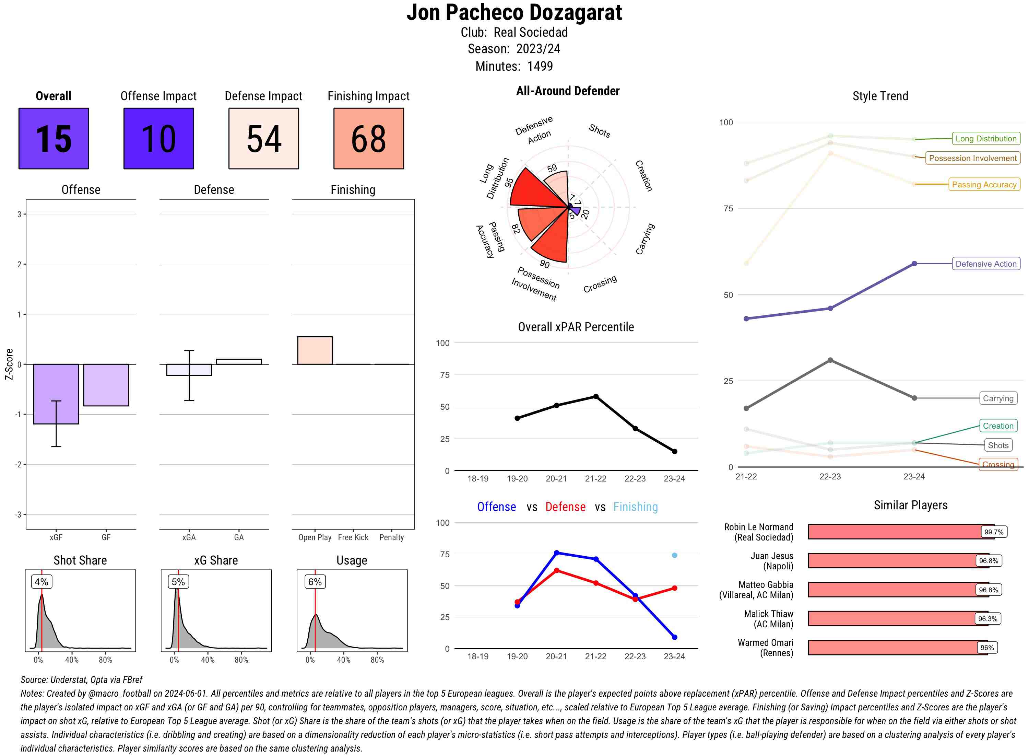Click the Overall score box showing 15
[x=54, y=139]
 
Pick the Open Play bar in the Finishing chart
[x=315, y=350]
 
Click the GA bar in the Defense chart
[x=239, y=361]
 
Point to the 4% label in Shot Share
[x=41, y=582]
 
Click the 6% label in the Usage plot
[x=315, y=582]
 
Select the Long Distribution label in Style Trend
[x=986, y=139]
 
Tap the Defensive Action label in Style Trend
[x=986, y=264]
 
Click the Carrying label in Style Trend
[x=997, y=398]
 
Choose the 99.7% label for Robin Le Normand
[x=993, y=532]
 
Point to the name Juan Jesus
[x=771, y=556]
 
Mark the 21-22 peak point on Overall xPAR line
[x=595, y=397]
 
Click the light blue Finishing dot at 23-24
[x=674, y=555]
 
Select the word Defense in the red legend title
[x=565, y=507]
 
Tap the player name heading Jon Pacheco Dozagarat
[x=514, y=12]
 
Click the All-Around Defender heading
[x=568, y=91]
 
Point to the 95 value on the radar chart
[x=509, y=182]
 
